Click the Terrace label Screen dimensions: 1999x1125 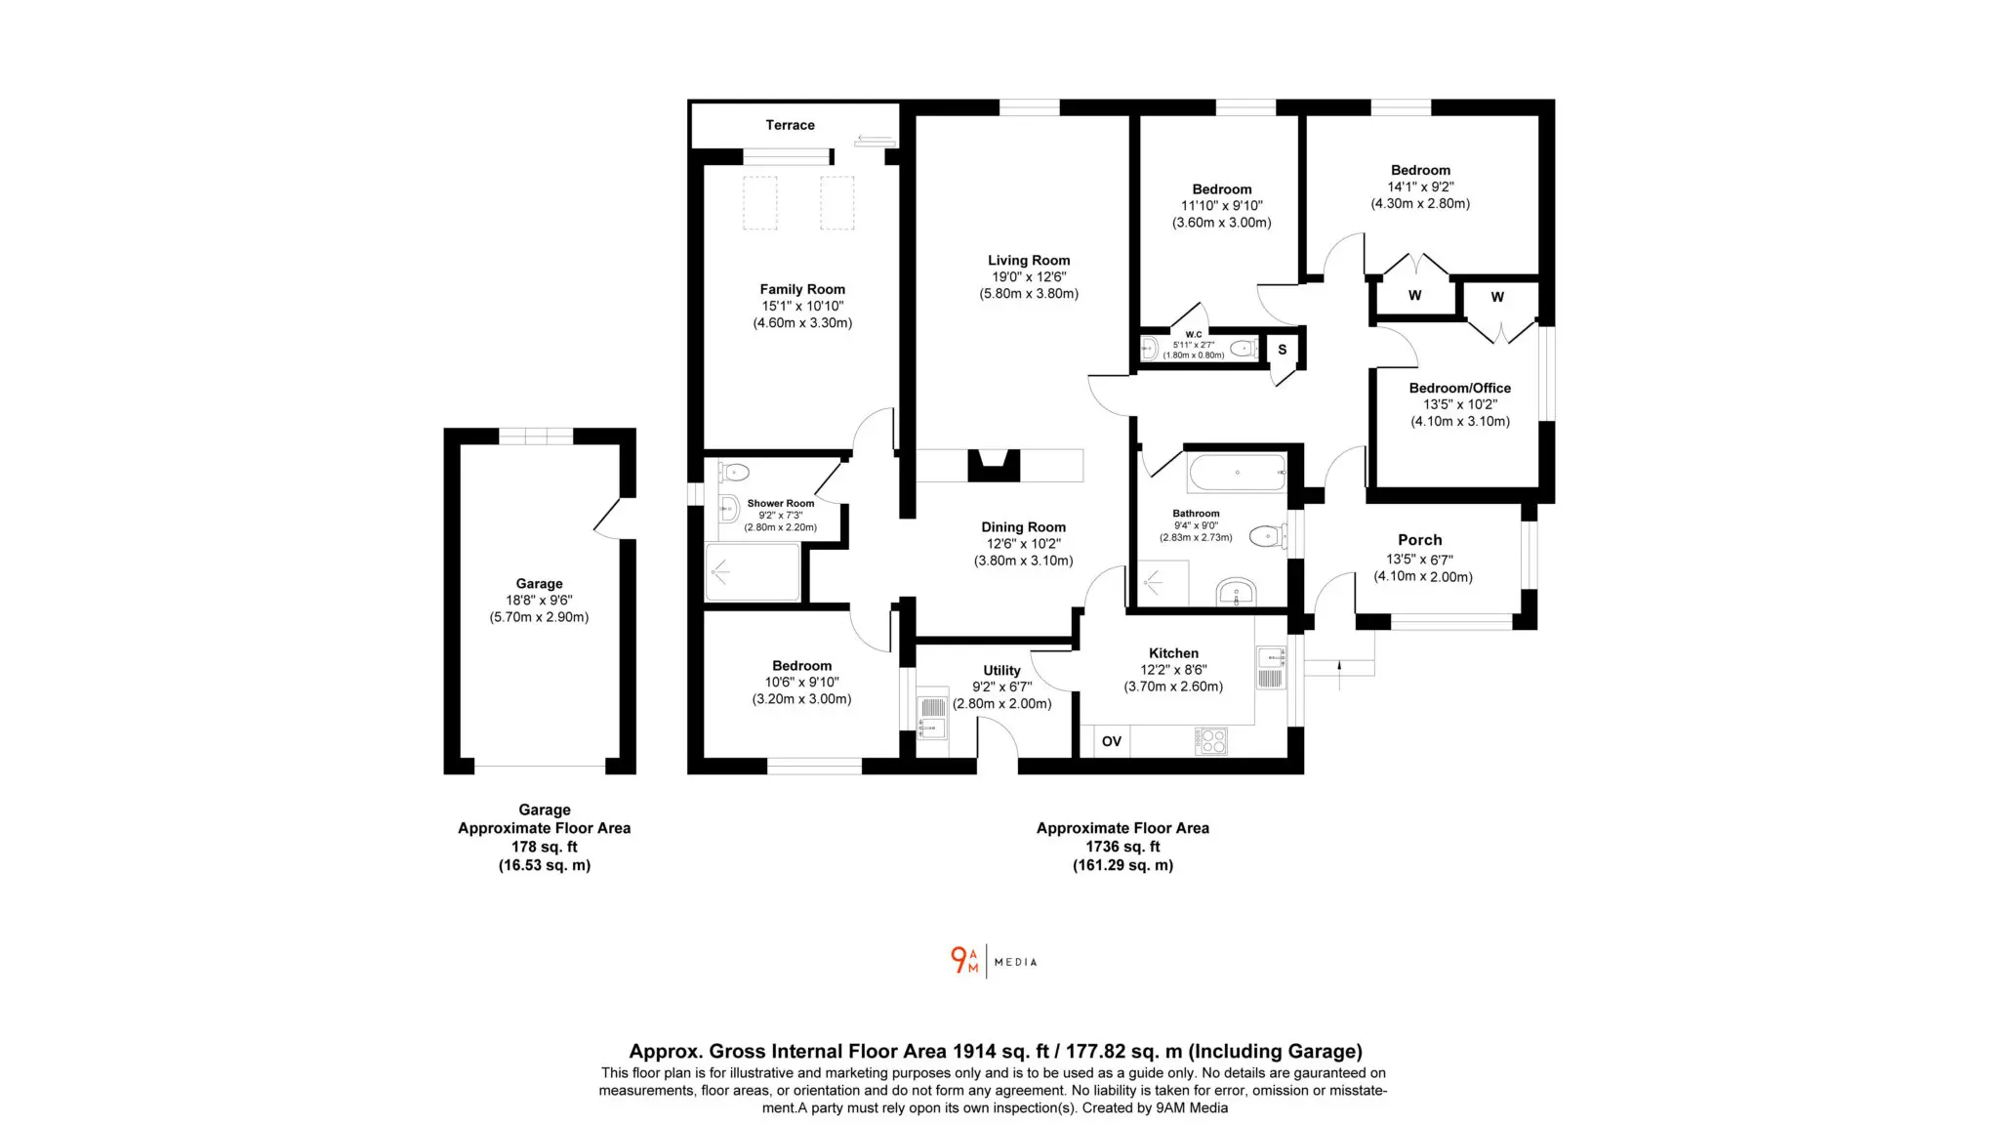(x=790, y=125)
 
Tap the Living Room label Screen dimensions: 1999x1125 (x=1029, y=261)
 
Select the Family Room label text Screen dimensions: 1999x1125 (x=802, y=289)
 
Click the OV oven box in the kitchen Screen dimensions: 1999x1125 (x=1111, y=741)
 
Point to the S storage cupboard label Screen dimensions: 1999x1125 (x=1283, y=350)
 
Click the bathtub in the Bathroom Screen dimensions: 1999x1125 (x=1238, y=473)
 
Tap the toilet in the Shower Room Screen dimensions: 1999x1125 (x=734, y=474)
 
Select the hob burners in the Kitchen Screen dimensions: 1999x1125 (x=1211, y=741)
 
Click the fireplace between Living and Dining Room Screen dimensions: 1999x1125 (x=994, y=466)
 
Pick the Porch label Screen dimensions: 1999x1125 (x=1419, y=540)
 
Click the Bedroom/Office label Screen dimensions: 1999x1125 (x=1459, y=388)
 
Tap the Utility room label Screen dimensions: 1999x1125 (x=1001, y=671)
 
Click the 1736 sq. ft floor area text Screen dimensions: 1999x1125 (x=1122, y=847)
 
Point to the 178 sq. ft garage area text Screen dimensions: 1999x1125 (x=545, y=847)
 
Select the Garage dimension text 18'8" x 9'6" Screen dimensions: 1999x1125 (x=539, y=601)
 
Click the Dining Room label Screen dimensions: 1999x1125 (x=1023, y=527)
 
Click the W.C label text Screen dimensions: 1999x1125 (x=1194, y=335)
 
